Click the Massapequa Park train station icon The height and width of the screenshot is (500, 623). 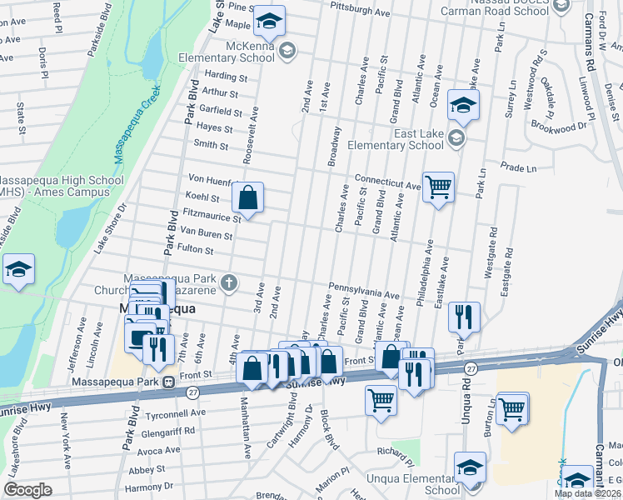tap(168, 382)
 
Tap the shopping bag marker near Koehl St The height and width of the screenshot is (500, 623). tap(248, 199)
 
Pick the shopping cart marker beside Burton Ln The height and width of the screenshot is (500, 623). tap(512, 408)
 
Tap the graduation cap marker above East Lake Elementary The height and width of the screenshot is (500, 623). tap(462, 106)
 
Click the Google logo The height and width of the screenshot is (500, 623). tap(28, 490)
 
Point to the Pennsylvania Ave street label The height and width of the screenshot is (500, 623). tap(364, 292)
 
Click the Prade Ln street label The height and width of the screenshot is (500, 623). tap(520, 168)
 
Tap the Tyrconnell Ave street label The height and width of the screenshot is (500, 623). tap(176, 412)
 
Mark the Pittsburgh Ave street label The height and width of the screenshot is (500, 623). tap(360, 13)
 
